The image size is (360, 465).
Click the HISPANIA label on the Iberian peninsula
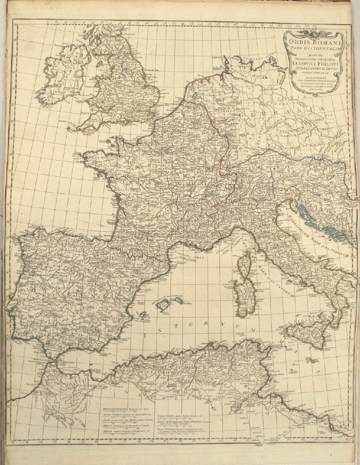68,292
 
